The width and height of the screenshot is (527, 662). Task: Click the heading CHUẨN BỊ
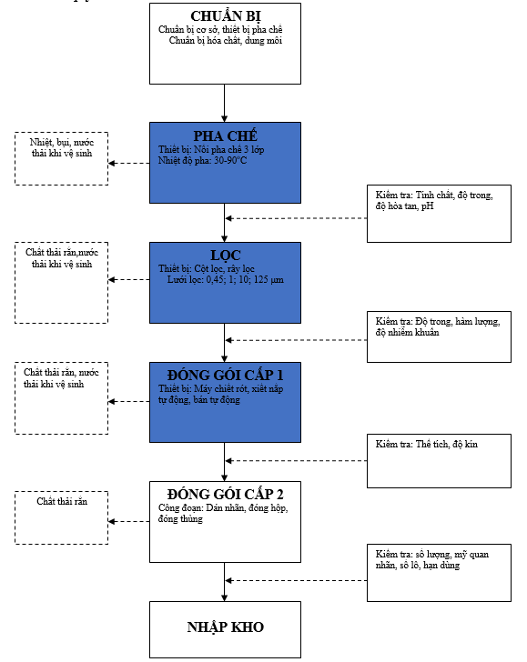225,16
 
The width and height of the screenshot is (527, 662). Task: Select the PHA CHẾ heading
225,136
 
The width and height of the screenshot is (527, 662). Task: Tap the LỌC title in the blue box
225,256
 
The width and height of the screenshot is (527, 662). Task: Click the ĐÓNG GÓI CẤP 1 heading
225,375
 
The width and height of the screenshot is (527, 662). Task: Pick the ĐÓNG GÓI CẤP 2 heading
225,494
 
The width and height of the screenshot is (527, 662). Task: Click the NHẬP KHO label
225,627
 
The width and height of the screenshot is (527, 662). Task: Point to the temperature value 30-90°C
230,160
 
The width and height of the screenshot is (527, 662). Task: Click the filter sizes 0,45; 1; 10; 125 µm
245,279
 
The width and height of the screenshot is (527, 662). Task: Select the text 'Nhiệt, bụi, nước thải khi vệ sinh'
62,147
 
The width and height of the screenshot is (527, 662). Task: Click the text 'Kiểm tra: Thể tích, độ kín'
426,444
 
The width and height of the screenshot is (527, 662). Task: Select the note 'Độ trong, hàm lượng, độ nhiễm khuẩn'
438,327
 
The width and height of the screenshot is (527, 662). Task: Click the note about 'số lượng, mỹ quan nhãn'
432,560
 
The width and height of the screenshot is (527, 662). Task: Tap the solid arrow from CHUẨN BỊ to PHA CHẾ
225,104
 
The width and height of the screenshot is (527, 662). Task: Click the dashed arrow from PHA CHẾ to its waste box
129,163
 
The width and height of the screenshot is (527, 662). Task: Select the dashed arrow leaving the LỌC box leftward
129,279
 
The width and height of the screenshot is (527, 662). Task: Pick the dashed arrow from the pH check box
296,218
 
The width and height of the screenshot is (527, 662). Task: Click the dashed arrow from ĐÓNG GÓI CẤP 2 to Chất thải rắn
129,521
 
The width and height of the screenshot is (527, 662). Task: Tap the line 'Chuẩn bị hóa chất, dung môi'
225,41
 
